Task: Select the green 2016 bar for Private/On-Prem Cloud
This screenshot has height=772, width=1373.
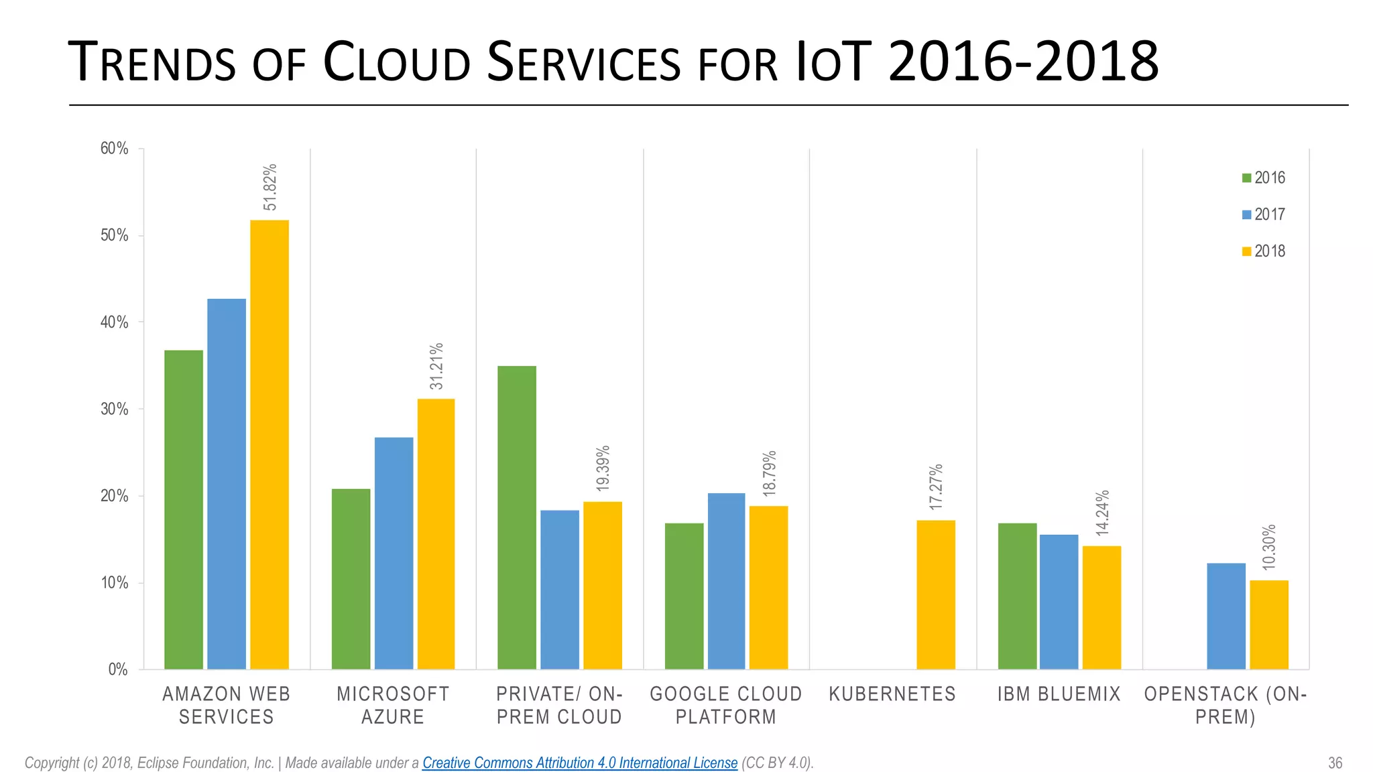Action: click(x=517, y=517)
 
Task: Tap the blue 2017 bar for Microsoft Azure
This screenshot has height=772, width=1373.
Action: click(x=394, y=553)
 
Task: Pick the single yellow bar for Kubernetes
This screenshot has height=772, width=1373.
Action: click(x=935, y=594)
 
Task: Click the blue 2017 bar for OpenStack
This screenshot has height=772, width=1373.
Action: click(x=1226, y=616)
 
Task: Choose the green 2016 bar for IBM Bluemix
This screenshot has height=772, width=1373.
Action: click(x=1017, y=596)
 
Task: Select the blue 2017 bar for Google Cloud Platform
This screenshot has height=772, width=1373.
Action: click(x=726, y=581)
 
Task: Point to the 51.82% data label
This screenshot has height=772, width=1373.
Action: click(x=270, y=187)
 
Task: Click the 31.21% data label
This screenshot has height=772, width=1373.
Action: click(x=436, y=366)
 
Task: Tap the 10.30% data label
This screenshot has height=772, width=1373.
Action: click(x=1269, y=548)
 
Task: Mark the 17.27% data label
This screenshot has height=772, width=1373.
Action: click(x=936, y=487)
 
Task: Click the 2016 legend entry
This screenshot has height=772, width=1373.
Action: click(x=1263, y=178)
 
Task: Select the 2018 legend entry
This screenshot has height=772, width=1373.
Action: click(x=1263, y=251)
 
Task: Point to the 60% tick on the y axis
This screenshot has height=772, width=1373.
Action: click(x=114, y=149)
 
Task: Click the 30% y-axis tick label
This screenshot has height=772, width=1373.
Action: click(x=114, y=409)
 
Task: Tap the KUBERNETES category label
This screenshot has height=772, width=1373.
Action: click(x=892, y=694)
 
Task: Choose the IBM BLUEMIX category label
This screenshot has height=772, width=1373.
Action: click(x=1059, y=694)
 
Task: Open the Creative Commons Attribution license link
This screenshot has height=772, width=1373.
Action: click(x=579, y=763)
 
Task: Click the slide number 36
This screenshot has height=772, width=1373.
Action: click(x=1335, y=763)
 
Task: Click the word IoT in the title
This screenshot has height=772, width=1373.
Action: click(x=832, y=63)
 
